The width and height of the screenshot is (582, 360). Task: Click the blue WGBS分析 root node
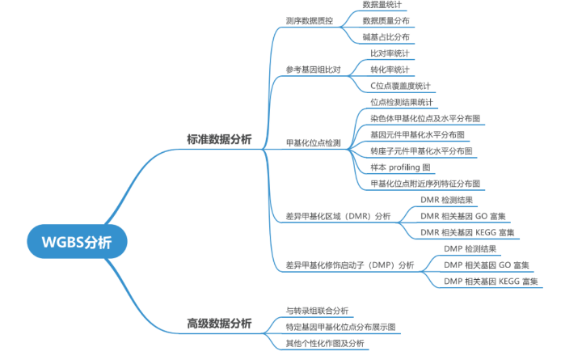pyautogui.click(x=76, y=242)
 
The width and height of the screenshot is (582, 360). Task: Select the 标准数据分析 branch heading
pyautogui.click(x=219, y=139)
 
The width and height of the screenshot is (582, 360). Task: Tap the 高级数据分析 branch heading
pyautogui.click(x=219, y=323)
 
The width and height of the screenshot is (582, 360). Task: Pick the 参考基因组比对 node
pyautogui.click(x=313, y=70)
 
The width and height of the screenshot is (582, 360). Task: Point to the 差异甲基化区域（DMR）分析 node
pyautogui.click(x=338, y=216)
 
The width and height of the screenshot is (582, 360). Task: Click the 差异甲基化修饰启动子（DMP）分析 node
pyautogui.click(x=349, y=265)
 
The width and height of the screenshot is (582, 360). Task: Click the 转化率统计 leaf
pyautogui.click(x=390, y=70)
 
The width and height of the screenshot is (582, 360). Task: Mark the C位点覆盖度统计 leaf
pyautogui.click(x=400, y=86)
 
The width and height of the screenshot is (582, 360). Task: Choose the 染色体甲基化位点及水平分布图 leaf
pyautogui.click(x=424, y=118)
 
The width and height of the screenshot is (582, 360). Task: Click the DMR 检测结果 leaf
pyautogui.click(x=446, y=200)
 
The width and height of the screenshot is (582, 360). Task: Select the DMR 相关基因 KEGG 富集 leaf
pyautogui.click(x=467, y=232)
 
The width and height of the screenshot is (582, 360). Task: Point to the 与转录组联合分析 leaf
pyautogui.click(x=317, y=311)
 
